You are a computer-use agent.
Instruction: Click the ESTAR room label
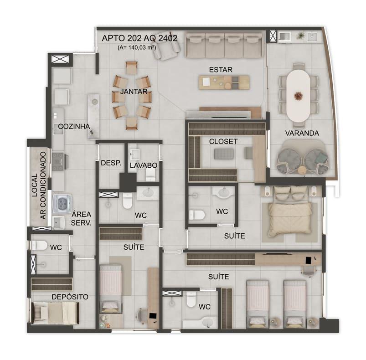(221, 70)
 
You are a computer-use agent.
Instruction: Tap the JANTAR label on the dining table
(134, 92)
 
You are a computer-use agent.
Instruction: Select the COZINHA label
(74, 126)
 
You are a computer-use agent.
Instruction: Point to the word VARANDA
(302, 133)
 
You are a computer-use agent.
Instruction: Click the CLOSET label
(223, 141)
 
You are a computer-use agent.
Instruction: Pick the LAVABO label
(144, 165)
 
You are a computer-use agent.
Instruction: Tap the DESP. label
(111, 163)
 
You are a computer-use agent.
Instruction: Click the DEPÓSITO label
(70, 297)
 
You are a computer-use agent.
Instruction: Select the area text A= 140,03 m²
(137, 47)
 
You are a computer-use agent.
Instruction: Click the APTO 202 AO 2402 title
(139, 38)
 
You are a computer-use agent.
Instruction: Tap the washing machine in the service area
(62, 204)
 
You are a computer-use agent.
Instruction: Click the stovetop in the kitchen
(58, 161)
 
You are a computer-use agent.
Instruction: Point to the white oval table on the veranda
(298, 96)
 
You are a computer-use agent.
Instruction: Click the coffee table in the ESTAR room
(224, 82)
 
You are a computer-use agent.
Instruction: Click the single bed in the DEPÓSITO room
(55, 313)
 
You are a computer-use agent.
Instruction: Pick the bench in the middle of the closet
(224, 154)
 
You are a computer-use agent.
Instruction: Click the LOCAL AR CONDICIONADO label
(39, 186)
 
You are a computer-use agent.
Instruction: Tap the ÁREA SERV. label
(81, 219)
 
